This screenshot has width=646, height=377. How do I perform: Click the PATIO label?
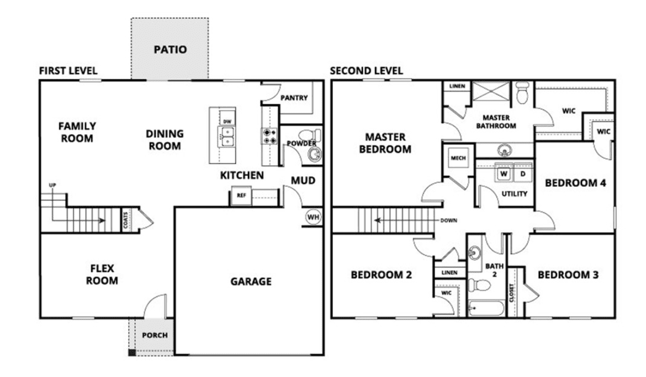(x=170, y=50)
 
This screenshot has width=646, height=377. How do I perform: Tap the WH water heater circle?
(x=313, y=217)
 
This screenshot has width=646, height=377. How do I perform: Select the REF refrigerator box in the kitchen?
(x=241, y=196)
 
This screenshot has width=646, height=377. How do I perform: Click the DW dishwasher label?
(x=227, y=122)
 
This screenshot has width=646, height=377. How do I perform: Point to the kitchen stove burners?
(x=269, y=136)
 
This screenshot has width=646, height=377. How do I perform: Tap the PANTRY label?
(x=294, y=98)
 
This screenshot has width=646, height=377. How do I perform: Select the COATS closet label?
(x=125, y=220)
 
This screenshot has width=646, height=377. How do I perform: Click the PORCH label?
(x=155, y=336)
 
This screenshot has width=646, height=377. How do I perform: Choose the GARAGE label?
(x=251, y=282)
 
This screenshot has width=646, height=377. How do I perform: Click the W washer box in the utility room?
(x=504, y=174)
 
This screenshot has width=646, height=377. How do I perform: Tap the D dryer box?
(x=523, y=174)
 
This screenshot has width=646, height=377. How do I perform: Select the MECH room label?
(x=458, y=158)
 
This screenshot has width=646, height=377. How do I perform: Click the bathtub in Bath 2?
(x=486, y=308)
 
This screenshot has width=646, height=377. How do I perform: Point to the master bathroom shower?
(x=491, y=91)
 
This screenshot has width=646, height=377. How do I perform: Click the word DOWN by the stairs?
(x=449, y=220)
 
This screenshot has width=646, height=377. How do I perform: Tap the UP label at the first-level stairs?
(x=52, y=185)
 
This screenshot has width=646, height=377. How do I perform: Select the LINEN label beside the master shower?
(x=457, y=86)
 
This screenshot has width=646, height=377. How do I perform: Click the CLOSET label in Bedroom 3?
(x=512, y=293)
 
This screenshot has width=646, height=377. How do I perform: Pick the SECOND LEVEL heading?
(x=366, y=71)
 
